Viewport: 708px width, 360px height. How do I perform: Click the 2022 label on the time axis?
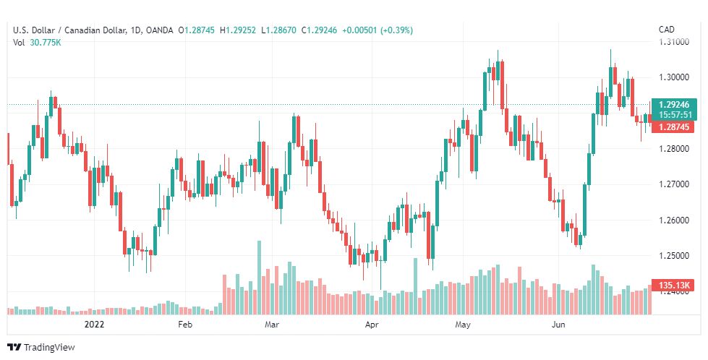click(95, 325)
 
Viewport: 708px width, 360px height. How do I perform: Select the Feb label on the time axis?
click(185, 325)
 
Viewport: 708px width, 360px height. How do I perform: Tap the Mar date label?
click(272, 325)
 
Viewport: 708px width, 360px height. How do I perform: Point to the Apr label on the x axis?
click(372, 325)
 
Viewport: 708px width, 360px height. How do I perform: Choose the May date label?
click(463, 325)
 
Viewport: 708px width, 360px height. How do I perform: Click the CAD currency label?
click(667, 30)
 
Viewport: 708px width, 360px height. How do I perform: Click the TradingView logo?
click(40, 347)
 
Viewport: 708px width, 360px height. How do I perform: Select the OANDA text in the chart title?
click(159, 30)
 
